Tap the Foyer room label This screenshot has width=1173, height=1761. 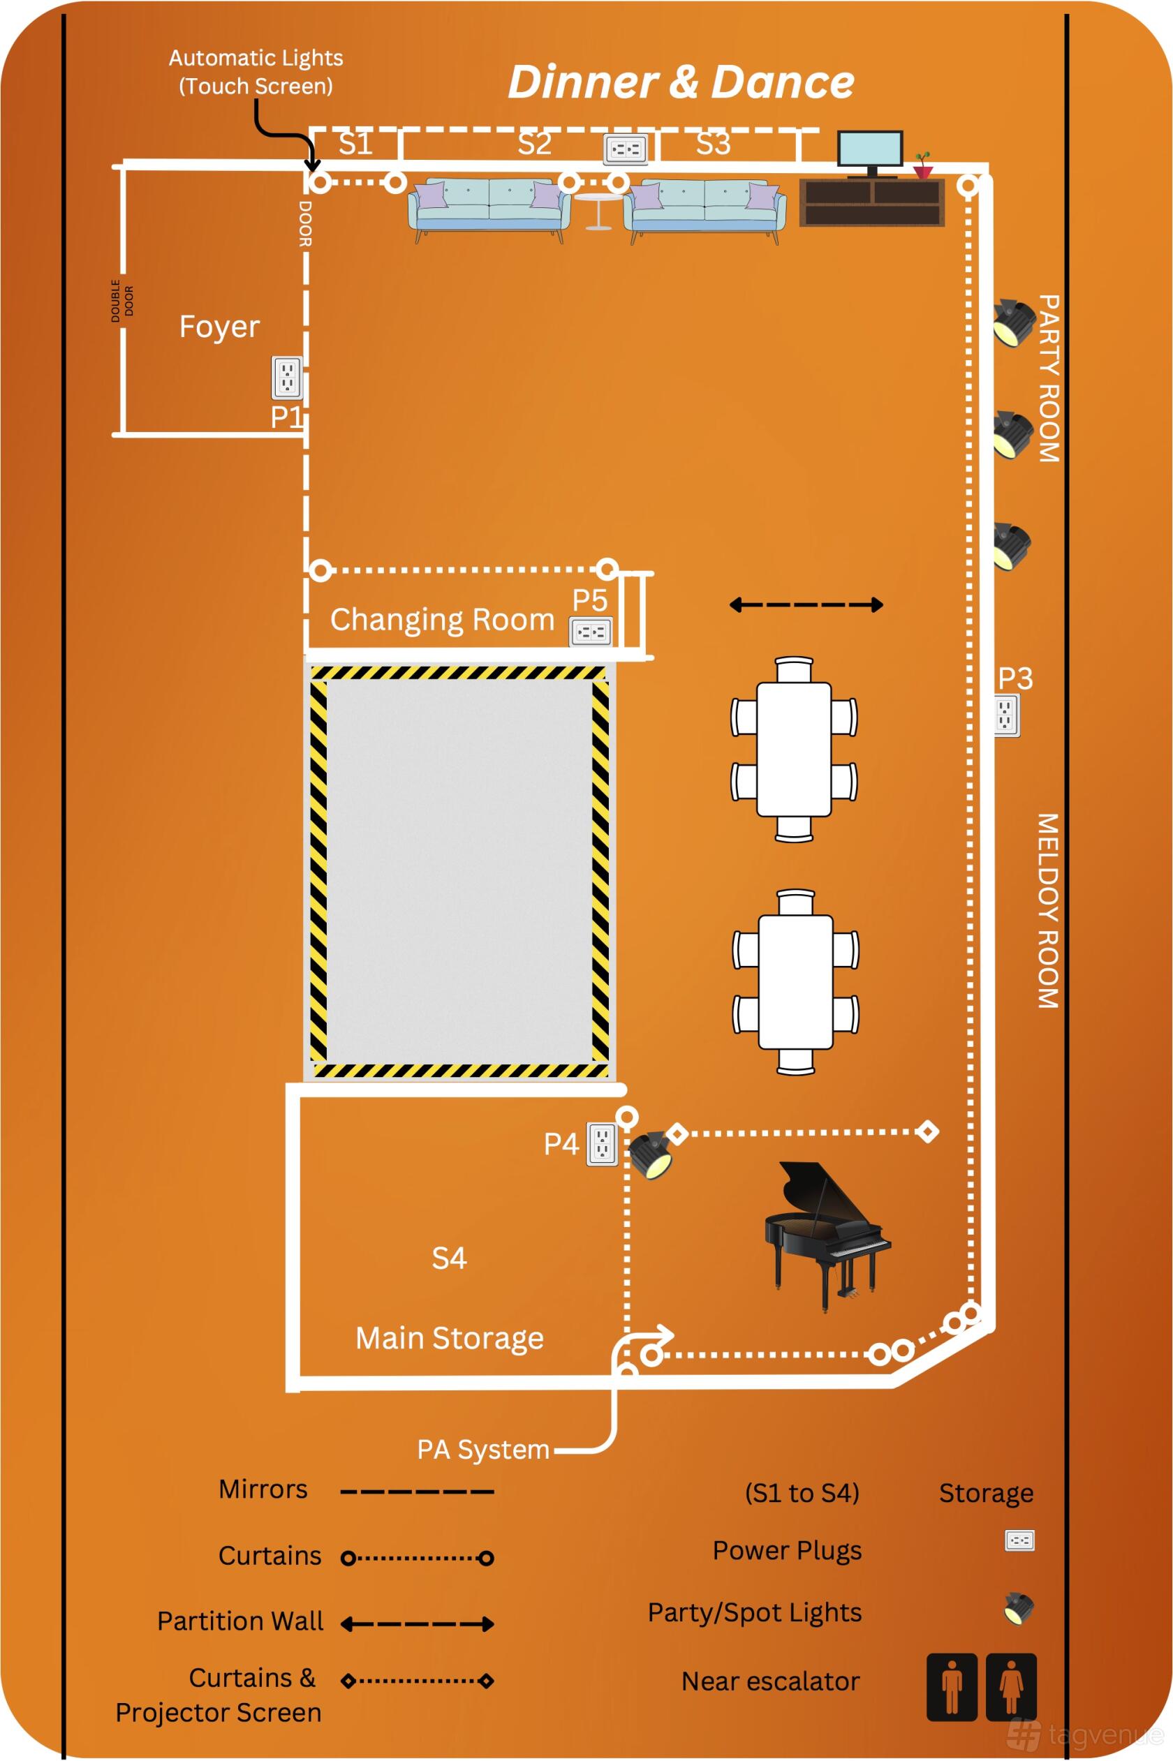tap(219, 327)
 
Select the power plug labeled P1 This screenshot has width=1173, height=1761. tap(287, 378)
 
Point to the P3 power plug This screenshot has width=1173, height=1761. tap(1006, 715)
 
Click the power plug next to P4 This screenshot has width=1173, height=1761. tap(602, 1144)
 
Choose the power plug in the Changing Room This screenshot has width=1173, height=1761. tap(592, 632)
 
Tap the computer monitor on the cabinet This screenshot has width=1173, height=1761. tap(870, 154)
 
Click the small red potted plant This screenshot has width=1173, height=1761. tap(924, 166)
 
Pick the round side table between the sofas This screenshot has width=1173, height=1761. tap(598, 211)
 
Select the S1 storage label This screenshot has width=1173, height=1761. tap(355, 143)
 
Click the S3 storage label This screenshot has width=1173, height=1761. tap(713, 143)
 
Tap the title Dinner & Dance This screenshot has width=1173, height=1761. tap(681, 82)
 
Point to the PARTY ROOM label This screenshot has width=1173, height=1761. tap(1049, 378)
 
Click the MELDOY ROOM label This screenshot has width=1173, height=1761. tap(1047, 911)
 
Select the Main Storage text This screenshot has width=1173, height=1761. tap(450, 1339)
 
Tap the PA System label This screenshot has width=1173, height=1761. tap(483, 1449)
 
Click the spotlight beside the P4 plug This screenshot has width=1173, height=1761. tap(650, 1155)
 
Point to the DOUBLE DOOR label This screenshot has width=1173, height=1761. tap(123, 301)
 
